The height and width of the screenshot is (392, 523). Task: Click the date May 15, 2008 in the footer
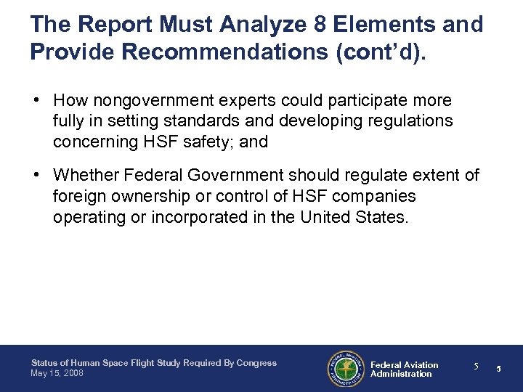[x=57, y=373]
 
